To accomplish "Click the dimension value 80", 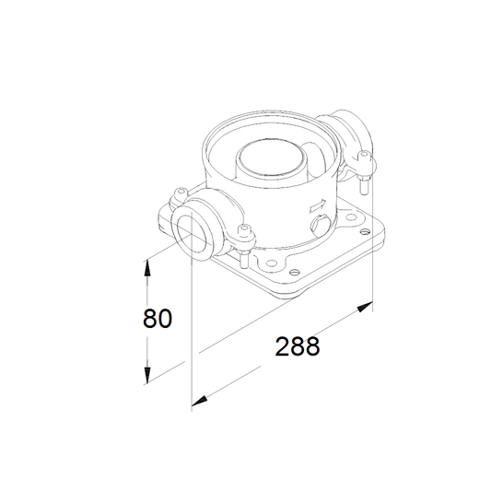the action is click(x=158, y=318).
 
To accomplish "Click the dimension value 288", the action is click(x=298, y=346).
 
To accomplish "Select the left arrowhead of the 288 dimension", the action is click(x=200, y=401).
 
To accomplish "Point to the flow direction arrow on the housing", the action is click(x=318, y=205).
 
